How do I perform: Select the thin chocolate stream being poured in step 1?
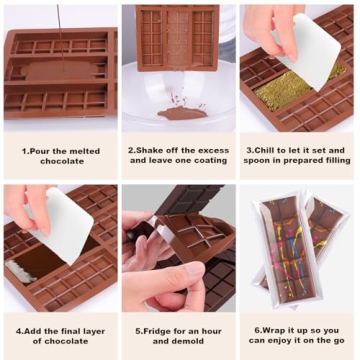pos(57,25)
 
